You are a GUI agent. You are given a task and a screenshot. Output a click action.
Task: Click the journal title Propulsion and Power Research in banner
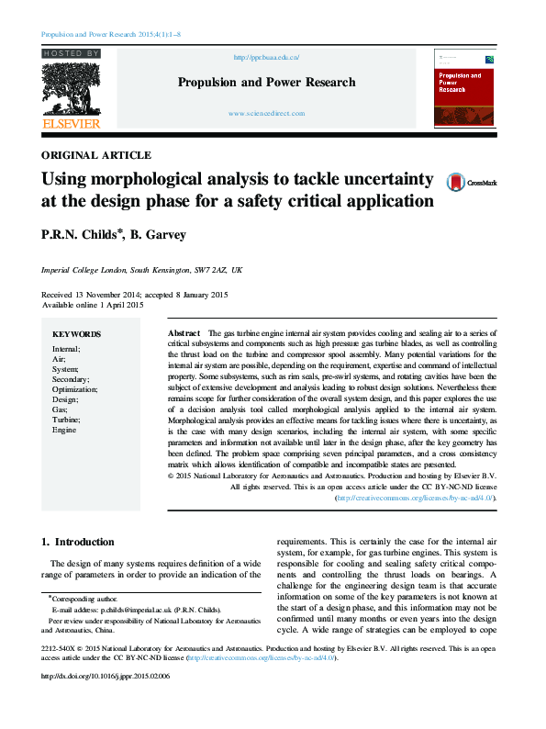(266, 83)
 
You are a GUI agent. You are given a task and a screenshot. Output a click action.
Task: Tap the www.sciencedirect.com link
(266, 113)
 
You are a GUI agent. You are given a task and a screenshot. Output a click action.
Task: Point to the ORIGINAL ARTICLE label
(96, 155)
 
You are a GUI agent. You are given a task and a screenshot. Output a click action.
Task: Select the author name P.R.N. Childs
(78, 235)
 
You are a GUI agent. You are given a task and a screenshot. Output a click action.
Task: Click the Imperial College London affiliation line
(142, 271)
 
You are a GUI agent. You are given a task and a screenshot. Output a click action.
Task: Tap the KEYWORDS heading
(76, 334)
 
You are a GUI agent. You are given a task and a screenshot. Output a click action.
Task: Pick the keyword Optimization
(75, 389)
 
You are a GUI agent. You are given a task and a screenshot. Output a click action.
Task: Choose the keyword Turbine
(66, 420)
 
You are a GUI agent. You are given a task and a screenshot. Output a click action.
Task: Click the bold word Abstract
(184, 331)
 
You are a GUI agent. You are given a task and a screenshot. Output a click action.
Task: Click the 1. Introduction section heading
(79, 542)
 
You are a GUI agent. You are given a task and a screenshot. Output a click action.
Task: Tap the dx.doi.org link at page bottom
(106, 701)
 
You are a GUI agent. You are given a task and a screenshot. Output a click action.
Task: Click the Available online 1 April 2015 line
(93, 304)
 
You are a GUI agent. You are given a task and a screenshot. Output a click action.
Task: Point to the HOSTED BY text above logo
(71, 54)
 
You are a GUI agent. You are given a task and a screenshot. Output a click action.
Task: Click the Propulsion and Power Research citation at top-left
(111, 34)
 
